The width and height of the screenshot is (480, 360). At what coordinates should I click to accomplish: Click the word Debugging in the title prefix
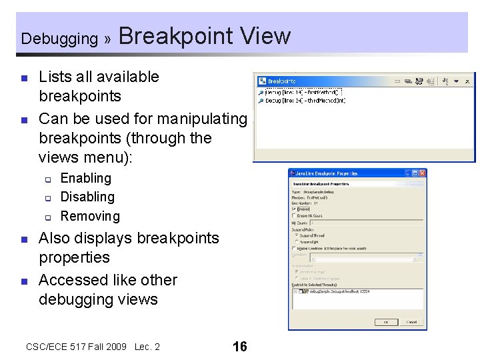(x=59, y=39)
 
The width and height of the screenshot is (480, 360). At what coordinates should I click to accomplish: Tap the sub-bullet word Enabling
(x=86, y=178)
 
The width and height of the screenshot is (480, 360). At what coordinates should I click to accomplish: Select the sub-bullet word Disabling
(x=87, y=197)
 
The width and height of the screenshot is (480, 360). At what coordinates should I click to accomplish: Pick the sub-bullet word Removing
(x=90, y=216)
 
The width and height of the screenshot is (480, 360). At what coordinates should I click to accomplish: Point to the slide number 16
(x=239, y=347)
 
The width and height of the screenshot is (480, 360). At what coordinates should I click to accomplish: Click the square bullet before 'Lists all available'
(x=24, y=78)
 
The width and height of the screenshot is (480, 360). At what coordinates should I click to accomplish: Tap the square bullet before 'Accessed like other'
(x=24, y=281)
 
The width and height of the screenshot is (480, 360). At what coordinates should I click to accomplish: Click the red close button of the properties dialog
(x=421, y=173)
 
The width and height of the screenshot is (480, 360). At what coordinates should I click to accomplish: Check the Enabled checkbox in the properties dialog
(x=294, y=209)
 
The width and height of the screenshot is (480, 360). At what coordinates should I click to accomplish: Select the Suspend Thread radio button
(x=297, y=235)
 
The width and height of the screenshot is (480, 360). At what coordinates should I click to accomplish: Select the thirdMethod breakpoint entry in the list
(x=303, y=100)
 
